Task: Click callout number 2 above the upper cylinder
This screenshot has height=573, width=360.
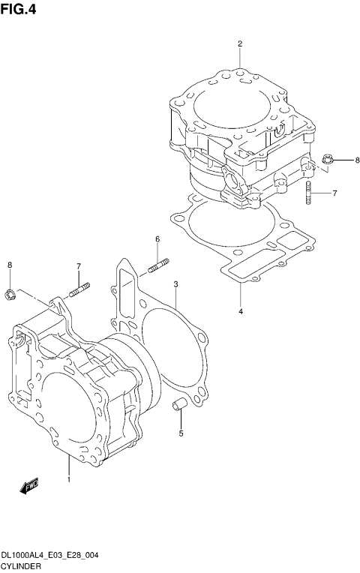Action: (x=240, y=43)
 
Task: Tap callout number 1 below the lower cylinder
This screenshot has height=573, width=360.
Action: (x=68, y=478)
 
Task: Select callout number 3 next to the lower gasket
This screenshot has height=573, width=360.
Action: (x=175, y=284)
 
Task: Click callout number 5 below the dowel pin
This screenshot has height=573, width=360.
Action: (x=180, y=433)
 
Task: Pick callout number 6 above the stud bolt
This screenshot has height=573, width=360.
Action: (x=157, y=239)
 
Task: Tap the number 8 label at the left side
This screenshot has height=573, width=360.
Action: (x=10, y=265)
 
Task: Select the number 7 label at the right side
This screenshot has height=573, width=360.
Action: (x=334, y=193)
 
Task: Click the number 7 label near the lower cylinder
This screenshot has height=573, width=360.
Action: (x=77, y=266)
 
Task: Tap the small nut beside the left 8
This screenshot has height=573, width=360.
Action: (x=10, y=292)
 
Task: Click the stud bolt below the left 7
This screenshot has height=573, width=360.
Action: (x=79, y=289)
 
